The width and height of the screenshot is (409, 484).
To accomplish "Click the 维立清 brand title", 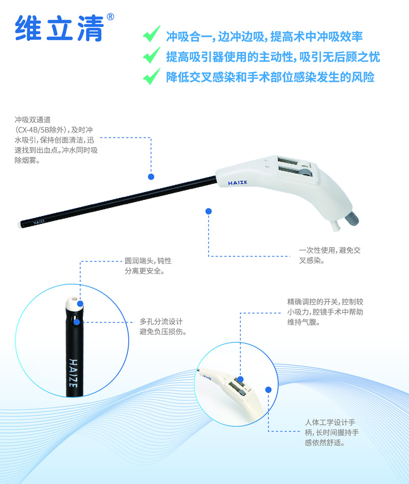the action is point(59,28).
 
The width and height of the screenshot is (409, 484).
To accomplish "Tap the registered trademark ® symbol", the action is point(110,17).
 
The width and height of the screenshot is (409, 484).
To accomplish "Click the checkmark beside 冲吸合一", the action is point(152,34).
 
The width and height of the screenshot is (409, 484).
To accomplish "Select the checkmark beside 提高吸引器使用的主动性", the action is point(152,55).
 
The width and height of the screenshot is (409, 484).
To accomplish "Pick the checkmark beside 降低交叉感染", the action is point(152,76).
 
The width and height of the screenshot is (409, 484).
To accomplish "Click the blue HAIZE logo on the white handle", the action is point(238,183).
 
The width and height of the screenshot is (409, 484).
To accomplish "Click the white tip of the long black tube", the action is point(20,223).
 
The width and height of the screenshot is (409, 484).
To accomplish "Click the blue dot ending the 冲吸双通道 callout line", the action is point(151,176).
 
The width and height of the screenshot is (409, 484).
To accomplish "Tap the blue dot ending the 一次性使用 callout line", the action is point(209,211).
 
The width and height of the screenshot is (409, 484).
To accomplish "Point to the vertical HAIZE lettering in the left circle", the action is point(73,373).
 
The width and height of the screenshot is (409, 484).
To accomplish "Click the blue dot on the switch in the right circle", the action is point(240,379).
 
